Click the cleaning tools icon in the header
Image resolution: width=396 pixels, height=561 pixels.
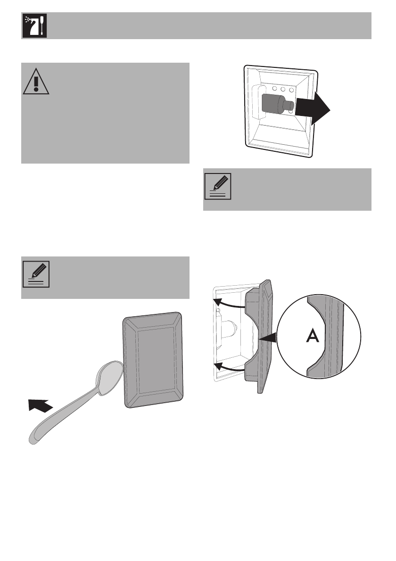coord(34,26)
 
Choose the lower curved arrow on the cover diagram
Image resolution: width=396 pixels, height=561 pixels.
coord(227,367)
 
